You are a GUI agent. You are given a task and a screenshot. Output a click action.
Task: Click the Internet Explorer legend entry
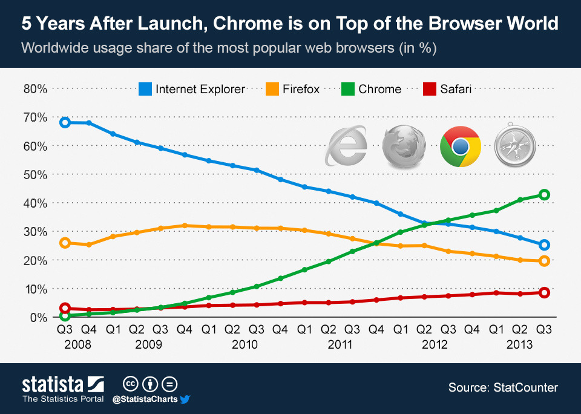point(192,89)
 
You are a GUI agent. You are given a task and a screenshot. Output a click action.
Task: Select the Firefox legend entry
point(292,89)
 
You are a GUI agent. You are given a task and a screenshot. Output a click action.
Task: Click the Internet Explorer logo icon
point(346,145)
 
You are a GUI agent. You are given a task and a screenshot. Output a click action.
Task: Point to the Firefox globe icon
point(404,146)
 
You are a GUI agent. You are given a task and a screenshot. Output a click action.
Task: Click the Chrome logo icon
point(461,146)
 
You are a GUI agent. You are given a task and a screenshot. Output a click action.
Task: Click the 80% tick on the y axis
point(35,89)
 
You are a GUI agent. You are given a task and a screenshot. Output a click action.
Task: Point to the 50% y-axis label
point(35,175)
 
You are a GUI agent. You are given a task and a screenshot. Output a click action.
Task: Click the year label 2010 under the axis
point(244,344)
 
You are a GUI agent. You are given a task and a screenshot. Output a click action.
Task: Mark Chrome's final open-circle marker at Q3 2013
point(544,195)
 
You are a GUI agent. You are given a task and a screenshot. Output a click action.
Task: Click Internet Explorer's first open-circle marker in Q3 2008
point(65,122)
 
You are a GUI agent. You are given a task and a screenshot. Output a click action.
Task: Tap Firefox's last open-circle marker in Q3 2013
point(544,261)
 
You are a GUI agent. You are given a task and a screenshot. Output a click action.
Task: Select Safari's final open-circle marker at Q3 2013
point(544,293)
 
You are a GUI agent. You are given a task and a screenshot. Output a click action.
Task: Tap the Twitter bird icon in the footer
point(185,399)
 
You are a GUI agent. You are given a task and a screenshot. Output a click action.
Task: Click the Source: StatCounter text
point(503,387)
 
